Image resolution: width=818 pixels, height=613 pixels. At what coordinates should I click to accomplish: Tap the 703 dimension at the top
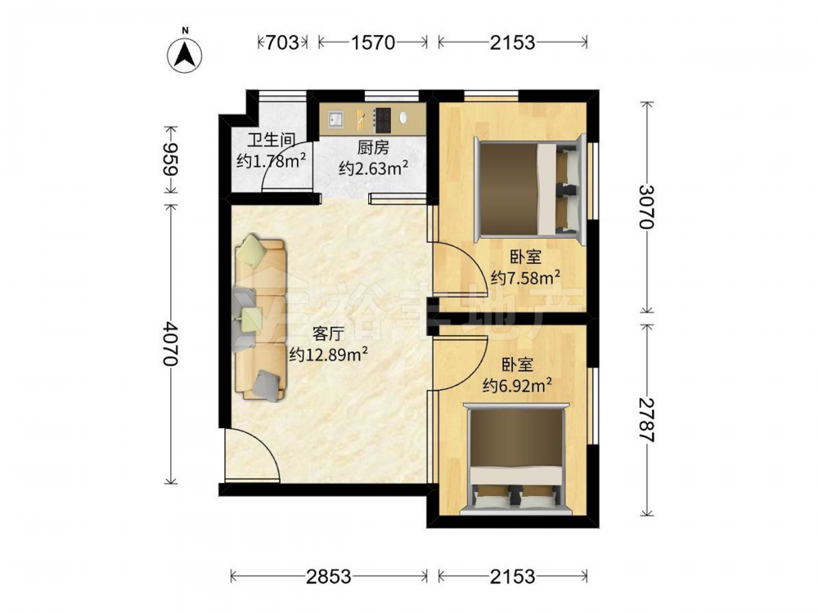tap(282, 43)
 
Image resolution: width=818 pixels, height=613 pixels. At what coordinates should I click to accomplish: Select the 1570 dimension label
tap(372, 43)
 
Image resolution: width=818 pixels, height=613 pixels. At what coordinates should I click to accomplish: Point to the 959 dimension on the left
tap(171, 159)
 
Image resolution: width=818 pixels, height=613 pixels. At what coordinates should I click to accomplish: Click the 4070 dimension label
tap(171, 343)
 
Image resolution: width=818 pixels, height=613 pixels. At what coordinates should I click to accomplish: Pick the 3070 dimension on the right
tap(646, 207)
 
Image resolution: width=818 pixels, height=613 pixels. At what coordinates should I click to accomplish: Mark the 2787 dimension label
tap(646, 419)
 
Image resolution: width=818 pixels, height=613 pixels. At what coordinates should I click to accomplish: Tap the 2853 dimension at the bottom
tap(329, 576)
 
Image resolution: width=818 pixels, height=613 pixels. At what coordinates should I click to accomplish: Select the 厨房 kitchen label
tap(373, 148)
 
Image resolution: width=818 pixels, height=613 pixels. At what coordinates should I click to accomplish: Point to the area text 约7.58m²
tap(525, 277)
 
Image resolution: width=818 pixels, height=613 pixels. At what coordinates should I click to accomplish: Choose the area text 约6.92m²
tap(518, 385)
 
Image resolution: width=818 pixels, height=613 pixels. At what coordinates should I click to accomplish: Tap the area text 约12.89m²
tap(329, 354)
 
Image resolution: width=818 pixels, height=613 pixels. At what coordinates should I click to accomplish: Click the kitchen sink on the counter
tap(335, 119)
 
